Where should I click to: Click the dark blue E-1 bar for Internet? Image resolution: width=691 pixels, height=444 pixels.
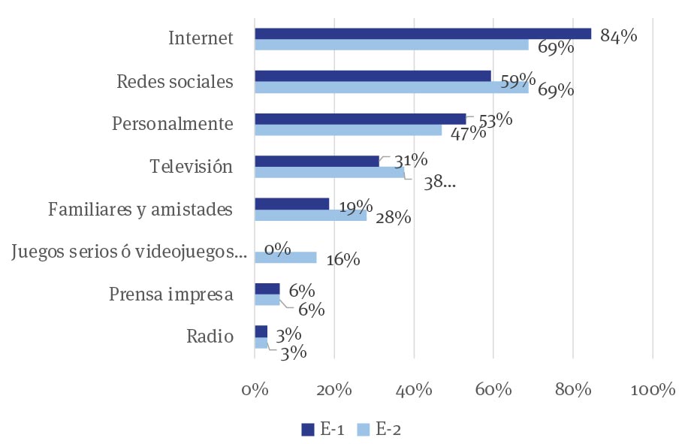[422, 34]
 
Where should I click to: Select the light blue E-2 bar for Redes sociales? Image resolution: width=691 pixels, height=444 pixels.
[391, 88]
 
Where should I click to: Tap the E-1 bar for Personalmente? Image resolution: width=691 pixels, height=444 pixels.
[360, 119]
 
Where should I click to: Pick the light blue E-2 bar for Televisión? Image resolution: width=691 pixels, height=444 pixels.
[329, 173]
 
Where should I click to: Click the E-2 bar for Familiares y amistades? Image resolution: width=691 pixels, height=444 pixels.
[310, 216]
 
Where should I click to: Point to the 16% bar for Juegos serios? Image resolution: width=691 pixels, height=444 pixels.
[285, 258]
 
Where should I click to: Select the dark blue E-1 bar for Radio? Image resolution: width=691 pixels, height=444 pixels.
[261, 331]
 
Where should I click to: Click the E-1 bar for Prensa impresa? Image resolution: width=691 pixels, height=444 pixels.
[267, 289]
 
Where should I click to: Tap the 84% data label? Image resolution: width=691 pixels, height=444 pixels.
[618, 35]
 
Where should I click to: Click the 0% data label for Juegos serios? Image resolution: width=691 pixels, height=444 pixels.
[277, 249]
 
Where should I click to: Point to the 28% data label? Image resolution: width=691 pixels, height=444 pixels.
[393, 218]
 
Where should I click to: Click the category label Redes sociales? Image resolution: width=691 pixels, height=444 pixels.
[175, 82]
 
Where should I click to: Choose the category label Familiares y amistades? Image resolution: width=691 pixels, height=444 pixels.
[140, 209]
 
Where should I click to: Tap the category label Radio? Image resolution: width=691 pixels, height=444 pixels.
[210, 336]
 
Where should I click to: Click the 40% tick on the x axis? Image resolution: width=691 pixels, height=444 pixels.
[414, 390]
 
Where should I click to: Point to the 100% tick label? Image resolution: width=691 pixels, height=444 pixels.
[652, 390]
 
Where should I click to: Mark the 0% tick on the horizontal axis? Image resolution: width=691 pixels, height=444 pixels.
[255, 390]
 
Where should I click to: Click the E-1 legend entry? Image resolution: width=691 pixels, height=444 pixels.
[323, 429]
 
